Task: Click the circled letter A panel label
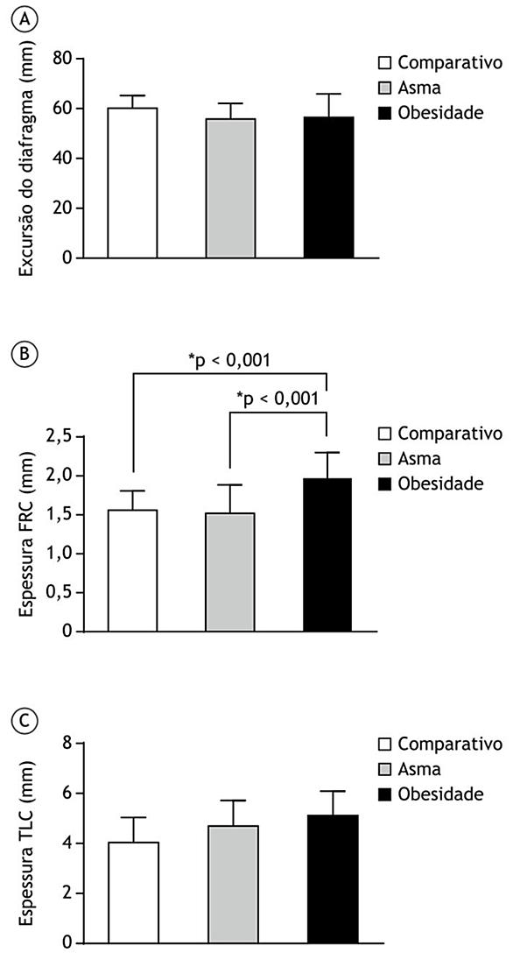25,21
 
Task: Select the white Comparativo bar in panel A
132,182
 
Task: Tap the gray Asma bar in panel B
229,572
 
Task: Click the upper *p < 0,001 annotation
229,360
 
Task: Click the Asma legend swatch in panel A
386,88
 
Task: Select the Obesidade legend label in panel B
440,482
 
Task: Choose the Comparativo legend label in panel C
450,743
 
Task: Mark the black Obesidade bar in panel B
327,554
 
